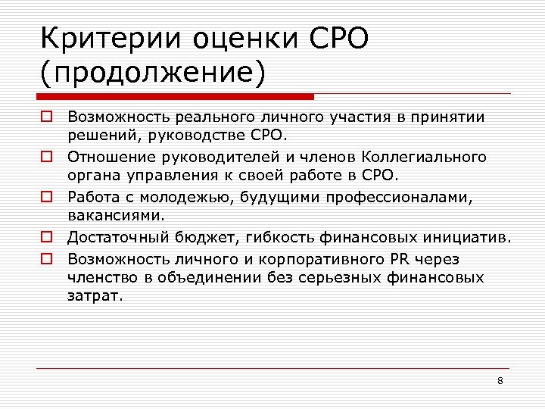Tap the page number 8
point(500,380)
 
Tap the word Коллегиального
point(424,158)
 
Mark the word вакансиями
point(115,217)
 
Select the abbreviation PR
point(400,258)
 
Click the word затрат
point(94,297)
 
